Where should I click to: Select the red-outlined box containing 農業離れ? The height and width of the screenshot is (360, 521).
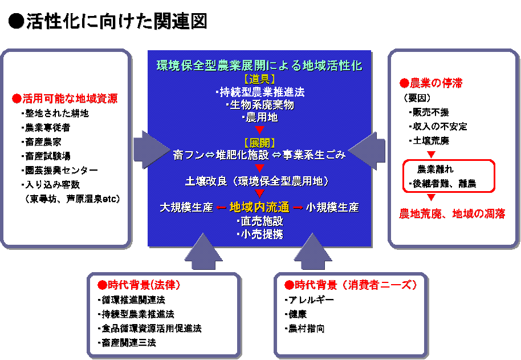tap(449, 176)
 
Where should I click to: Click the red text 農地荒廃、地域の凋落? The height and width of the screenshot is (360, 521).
tap(452, 214)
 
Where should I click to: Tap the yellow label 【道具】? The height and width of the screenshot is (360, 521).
tap(260, 79)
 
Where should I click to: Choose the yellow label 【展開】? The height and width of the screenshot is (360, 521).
tap(260, 142)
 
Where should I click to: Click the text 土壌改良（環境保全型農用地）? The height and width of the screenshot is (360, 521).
tap(257, 181)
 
